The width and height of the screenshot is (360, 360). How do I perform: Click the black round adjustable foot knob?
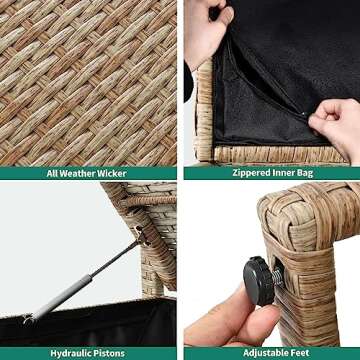pos(258,281)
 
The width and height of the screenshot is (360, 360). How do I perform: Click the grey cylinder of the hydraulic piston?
pos(62,295)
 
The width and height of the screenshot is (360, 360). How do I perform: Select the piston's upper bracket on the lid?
pos(142,235)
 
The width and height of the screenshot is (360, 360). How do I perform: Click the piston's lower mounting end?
pos(28,319)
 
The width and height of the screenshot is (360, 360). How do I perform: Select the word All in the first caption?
pos(52,173)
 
